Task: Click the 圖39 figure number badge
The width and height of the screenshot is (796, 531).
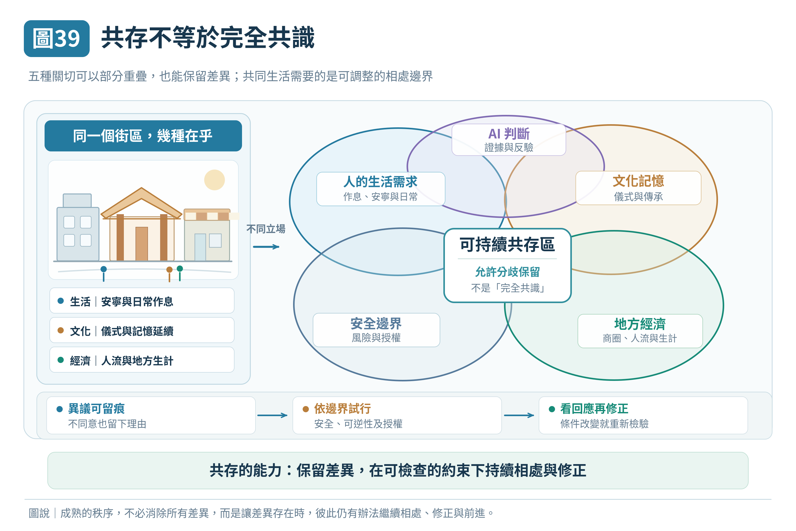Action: [56, 38]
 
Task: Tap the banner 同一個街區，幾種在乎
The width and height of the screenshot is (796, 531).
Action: [143, 136]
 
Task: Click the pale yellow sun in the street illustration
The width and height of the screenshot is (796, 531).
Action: [214, 180]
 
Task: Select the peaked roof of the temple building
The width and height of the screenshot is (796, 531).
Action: [141, 202]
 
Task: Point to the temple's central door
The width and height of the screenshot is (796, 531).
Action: [141, 243]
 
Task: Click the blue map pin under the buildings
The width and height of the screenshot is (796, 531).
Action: [104, 273]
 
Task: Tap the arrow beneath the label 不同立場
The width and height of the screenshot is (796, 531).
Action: [266, 247]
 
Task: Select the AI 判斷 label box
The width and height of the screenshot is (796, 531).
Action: [509, 139]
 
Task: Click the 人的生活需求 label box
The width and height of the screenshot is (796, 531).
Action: [381, 189]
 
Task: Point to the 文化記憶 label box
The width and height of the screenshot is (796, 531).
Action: [638, 188]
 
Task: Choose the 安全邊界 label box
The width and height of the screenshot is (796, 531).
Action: [376, 330]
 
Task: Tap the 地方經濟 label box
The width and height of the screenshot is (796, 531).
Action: [640, 331]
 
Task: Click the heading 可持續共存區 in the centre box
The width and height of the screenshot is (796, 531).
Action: [507, 244]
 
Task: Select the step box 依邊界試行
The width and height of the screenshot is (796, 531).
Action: [397, 415]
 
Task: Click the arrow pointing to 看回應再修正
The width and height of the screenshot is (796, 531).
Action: [519, 415]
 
